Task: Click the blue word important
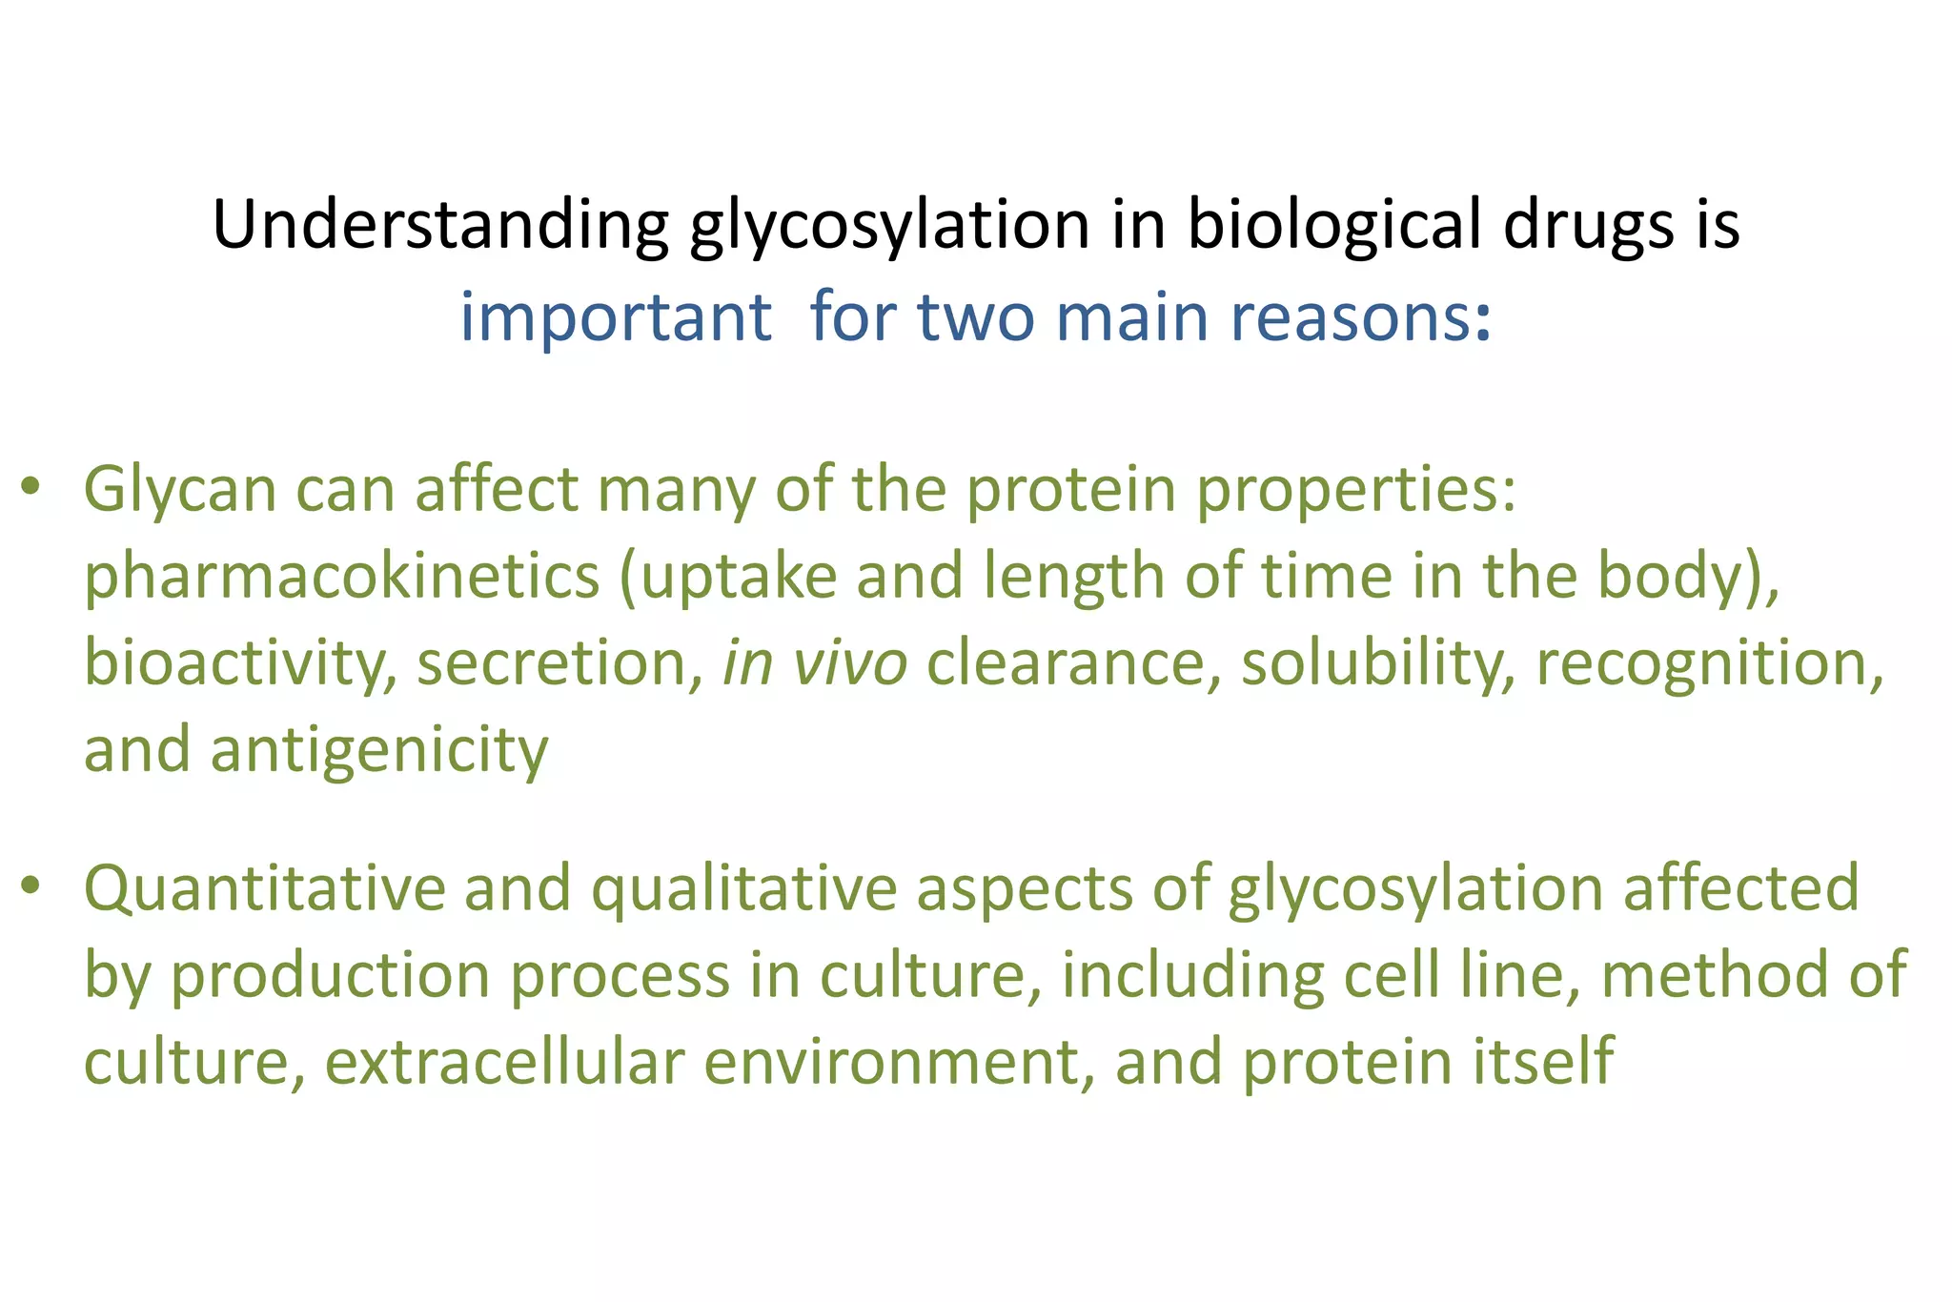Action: (x=615, y=317)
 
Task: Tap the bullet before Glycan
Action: (x=31, y=487)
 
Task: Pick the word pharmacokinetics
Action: (x=342, y=578)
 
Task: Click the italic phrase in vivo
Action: (x=815, y=662)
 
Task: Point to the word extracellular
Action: (x=504, y=1062)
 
